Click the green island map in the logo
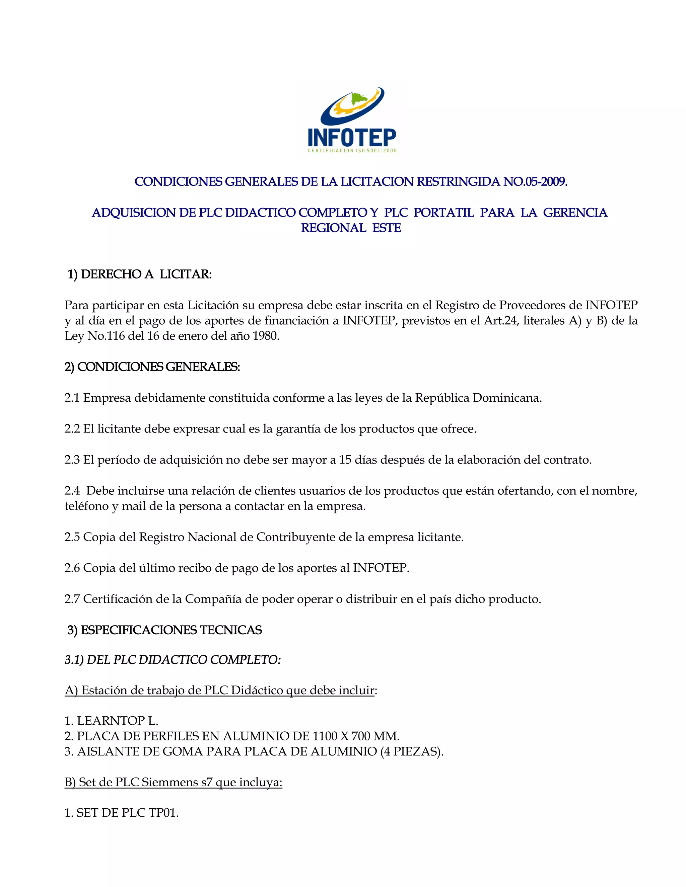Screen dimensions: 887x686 pos(358,98)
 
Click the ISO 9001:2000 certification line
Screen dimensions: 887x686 pos(352,151)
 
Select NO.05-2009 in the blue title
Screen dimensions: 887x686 pos(535,181)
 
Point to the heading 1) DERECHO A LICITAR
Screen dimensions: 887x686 pos(139,274)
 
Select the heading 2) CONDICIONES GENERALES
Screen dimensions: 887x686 pos(152,367)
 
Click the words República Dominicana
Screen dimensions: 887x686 pos(478,398)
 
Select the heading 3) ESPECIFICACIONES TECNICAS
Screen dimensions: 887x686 pos(164,630)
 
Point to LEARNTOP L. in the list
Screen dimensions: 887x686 pos(117,721)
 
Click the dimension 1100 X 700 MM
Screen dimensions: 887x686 pos(356,736)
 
